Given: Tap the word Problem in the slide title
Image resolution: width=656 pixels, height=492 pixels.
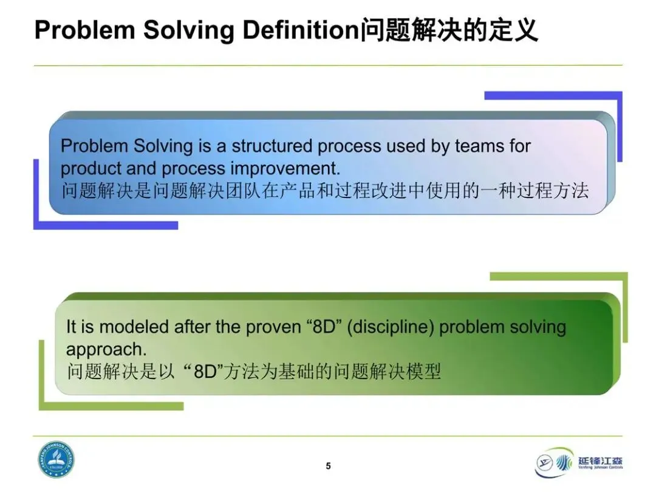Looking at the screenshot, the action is pos(84,30).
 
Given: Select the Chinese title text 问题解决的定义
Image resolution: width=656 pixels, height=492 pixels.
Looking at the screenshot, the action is pos(448,30).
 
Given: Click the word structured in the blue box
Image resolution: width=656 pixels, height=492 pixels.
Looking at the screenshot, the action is pos(272,146).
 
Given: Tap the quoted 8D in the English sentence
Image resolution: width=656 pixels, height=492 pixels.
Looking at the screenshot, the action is pos(324,327).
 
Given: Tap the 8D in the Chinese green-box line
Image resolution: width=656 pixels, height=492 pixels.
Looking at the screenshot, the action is pos(205,372).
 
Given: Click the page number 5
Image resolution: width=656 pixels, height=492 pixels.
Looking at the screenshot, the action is pos(329,466).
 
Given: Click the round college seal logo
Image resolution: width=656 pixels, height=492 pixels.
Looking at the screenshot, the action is pos(56,460).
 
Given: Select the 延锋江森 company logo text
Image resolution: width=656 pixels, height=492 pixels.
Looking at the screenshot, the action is pos(600,460).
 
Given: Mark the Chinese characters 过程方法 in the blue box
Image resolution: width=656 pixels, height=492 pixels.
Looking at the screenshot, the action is pos(553,191).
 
